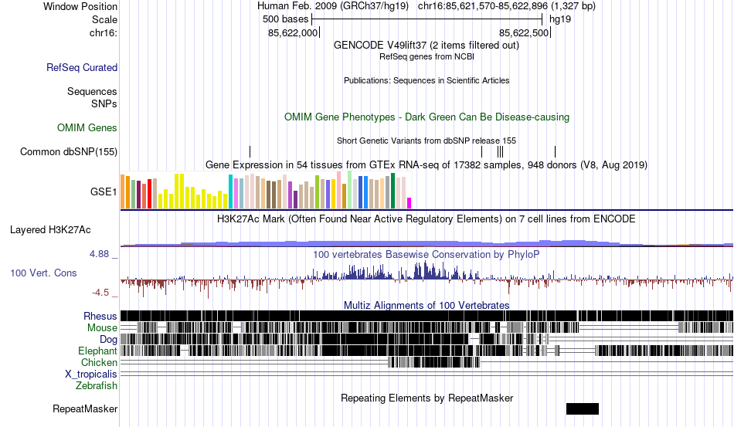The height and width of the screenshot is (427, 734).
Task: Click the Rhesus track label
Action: click(100, 316)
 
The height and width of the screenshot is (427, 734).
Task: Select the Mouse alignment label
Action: click(102, 327)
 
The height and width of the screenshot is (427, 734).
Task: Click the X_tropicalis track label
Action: click(91, 374)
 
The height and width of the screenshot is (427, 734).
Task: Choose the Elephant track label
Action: click(97, 351)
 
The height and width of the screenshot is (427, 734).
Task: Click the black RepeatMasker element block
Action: click(582, 408)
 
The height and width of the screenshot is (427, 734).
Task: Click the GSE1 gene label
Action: click(104, 191)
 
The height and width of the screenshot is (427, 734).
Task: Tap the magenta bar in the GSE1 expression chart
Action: click(409, 202)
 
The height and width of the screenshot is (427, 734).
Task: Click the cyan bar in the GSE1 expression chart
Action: click(231, 191)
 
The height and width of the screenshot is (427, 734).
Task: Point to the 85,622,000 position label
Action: click(293, 33)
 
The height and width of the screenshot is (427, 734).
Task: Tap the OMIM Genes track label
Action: click(87, 127)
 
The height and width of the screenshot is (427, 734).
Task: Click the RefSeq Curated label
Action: click(82, 68)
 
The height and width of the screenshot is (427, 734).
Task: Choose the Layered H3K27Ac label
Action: click(50, 229)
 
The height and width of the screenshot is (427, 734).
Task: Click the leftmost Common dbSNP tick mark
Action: click(250, 151)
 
